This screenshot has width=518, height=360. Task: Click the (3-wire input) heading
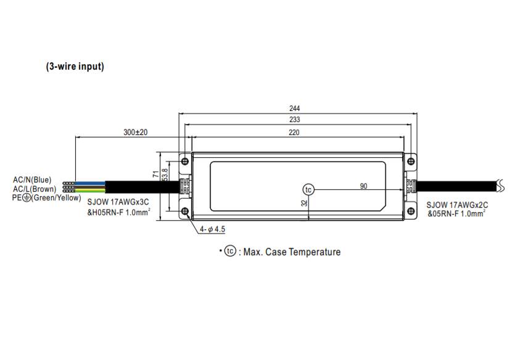(75, 67)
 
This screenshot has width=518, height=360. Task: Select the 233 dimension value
(295, 120)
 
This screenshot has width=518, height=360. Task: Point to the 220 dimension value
(294, 133)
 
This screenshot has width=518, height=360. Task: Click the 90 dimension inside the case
(364, 186)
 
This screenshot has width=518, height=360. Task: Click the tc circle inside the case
(309, 189)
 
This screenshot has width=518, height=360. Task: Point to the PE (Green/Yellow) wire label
(46, 198)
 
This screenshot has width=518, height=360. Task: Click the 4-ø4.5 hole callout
(213, 229)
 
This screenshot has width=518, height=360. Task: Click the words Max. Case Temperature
(292, 252)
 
